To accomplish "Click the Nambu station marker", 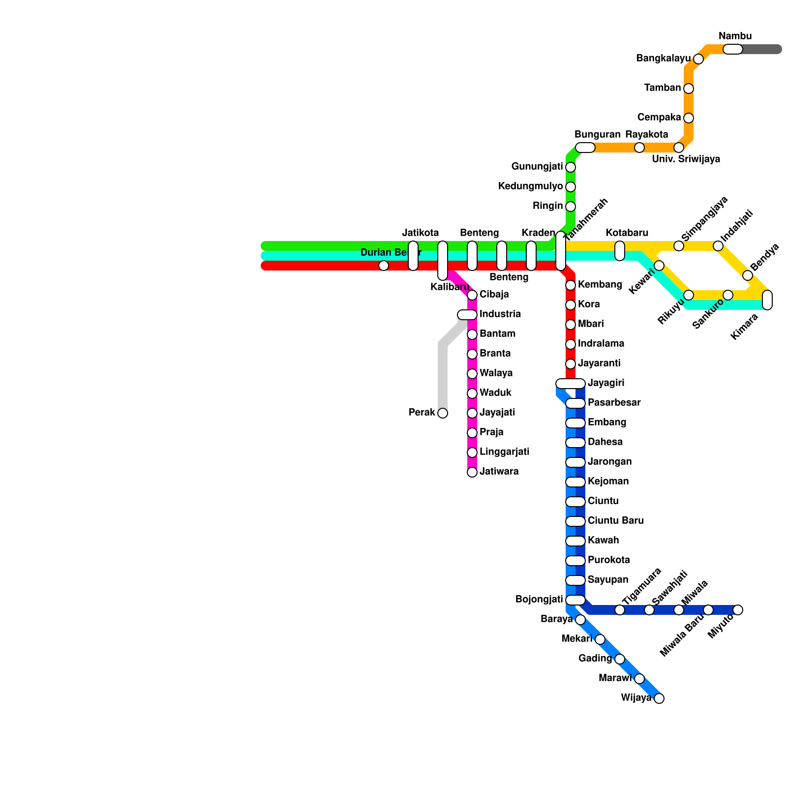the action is pos(732,49).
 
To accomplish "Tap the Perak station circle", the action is pos(443,413).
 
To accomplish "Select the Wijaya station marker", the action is pos(659,698).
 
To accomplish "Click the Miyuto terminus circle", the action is pos(738,610).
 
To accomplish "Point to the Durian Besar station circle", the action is pos(384,266).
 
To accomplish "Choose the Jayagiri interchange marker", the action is pos(571,384).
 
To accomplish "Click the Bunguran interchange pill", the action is pos(585,148).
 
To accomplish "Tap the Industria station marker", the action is pos(467,315).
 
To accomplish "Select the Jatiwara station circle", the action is pos(472,472).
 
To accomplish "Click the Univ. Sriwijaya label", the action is pos(686,159).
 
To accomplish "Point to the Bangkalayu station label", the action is pos(663,59).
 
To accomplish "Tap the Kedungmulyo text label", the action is pos(530,186).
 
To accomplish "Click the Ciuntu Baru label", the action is pos(615,520).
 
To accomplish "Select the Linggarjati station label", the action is pos(504,452).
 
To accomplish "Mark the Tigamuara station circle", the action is pos(620,610).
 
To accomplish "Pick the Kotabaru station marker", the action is pos(620,251).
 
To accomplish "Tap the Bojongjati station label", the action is pos(539,600).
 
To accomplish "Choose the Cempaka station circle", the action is pos(689,118).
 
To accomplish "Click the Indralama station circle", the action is pos(571,344).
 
